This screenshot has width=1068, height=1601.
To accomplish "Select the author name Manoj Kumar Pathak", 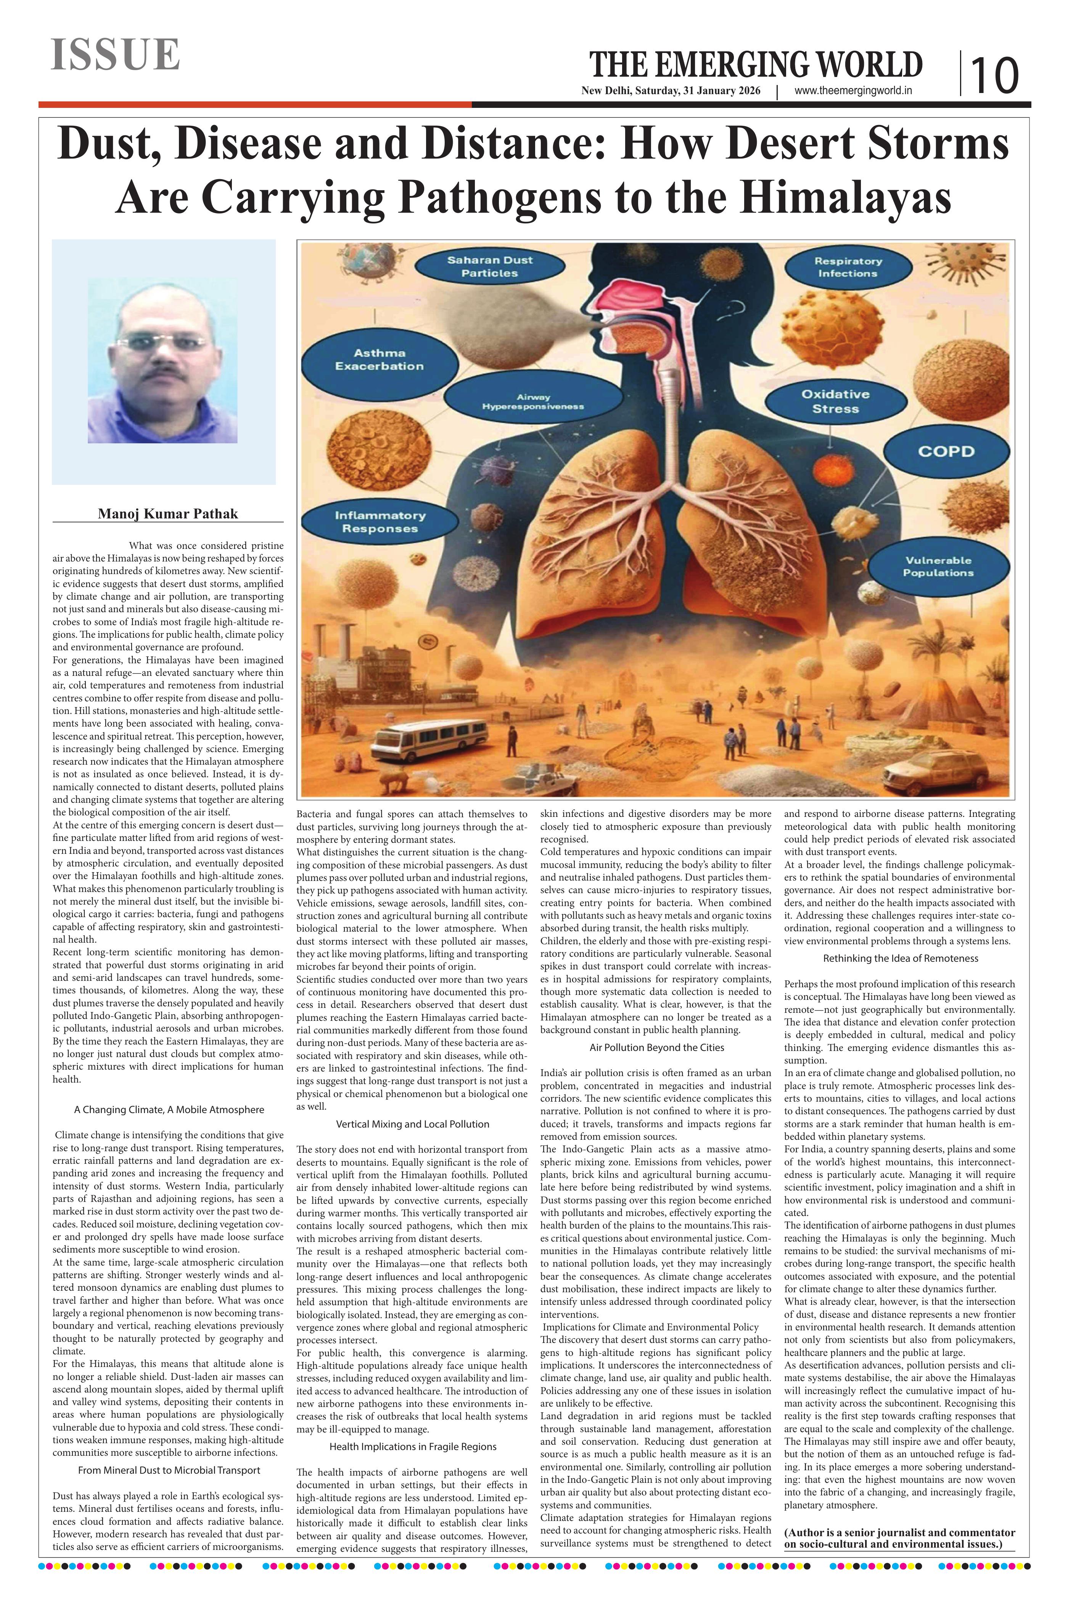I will (167, 513).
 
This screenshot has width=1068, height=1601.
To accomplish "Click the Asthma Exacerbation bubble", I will (379, 359).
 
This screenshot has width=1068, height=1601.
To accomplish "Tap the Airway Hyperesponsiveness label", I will (532, 402).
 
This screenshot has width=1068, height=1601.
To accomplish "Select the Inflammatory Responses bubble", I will (380, 522).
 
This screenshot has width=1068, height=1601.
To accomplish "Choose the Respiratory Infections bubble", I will (847, 267).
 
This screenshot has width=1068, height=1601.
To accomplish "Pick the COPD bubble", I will (946, 451).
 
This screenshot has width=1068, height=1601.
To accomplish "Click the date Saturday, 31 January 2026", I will (698, 91).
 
